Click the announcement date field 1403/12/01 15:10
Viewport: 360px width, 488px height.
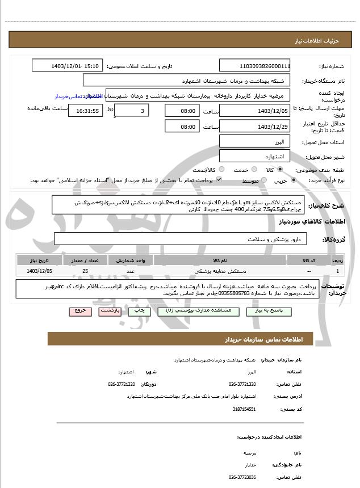76,66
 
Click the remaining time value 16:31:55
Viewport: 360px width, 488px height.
85,111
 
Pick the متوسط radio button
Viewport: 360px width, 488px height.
263,181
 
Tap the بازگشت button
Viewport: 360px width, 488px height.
108,311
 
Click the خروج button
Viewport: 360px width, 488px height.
78,311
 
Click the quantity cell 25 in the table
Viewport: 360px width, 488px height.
85,272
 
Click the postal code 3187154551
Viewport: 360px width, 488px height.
244,409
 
